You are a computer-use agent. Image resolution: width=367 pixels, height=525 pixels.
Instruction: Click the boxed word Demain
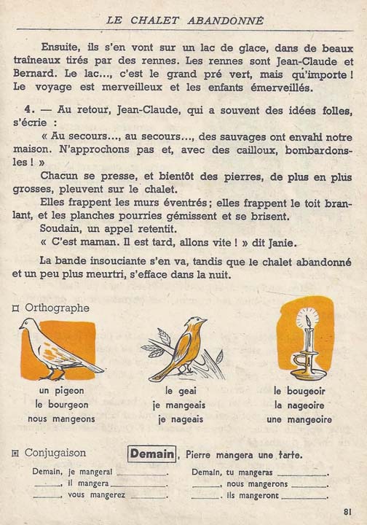click(151, 454)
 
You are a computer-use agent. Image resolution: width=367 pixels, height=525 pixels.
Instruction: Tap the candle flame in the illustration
click(309, 320)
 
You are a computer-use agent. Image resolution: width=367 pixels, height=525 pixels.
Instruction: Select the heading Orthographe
click(58, 308)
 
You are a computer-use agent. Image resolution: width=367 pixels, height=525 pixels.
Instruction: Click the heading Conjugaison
click(55, 454)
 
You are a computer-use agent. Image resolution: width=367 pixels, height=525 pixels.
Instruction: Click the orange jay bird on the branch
click(182, 348)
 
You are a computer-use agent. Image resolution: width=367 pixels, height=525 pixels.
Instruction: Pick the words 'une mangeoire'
click(299, 419)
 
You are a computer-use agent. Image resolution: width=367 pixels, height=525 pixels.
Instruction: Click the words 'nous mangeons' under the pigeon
click(61, 419)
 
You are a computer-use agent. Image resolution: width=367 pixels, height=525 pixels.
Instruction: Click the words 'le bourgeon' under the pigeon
click(61, 405)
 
